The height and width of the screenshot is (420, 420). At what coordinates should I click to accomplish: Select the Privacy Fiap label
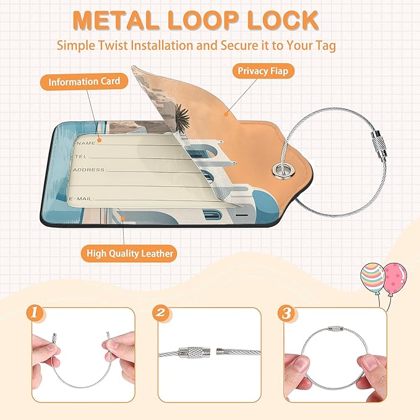(x=262, y=71)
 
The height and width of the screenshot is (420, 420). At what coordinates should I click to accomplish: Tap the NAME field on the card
(x=87, y=142)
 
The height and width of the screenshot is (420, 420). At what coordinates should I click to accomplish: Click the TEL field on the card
(x=84, y=156)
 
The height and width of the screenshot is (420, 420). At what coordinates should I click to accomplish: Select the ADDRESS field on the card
(x=90, y=169)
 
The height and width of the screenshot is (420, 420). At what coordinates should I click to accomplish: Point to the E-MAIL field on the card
(x=84, y=198)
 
